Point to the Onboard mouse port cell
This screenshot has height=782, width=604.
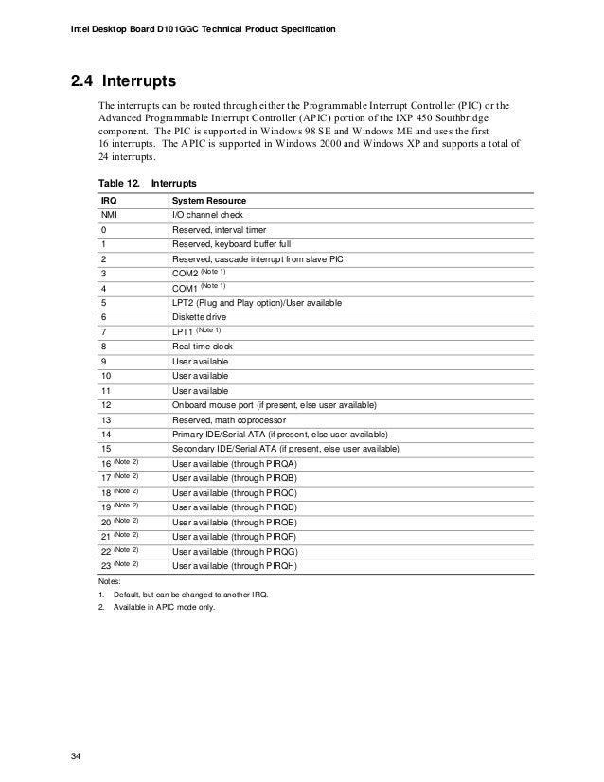[273, 405]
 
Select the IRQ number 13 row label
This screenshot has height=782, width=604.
[105, 419]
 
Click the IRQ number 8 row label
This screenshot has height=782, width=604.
[103, 347]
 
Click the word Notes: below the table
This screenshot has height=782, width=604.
[111, 579]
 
